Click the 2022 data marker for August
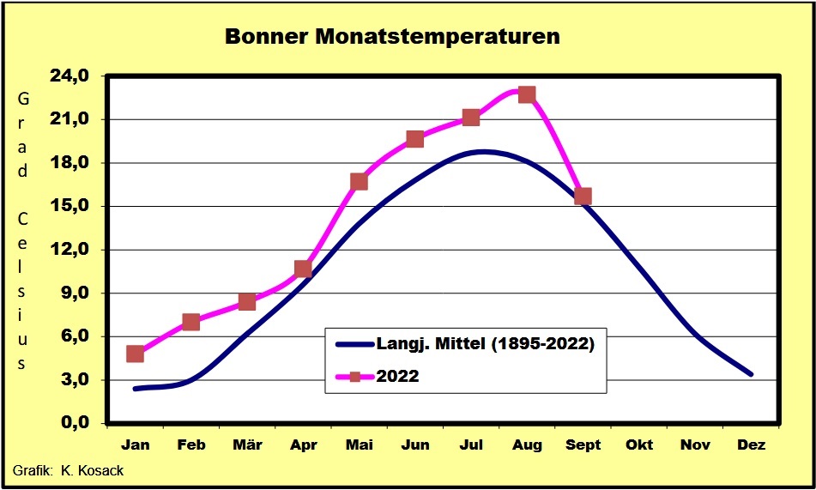[x=527, y=94]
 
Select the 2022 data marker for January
[x=135, y=354]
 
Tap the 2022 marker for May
[x=359, y=182]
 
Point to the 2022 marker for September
[x=583, y=196]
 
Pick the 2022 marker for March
[x=246, y=301]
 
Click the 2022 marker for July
[x=470, y=118]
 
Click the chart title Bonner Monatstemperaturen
[x=392, y=37]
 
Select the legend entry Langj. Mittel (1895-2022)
[x=465, y=344]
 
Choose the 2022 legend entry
[x=378, y=376]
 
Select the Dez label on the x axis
[x=752, y=445]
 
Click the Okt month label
[x=639, y=445]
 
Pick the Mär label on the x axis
[x=247, y=445]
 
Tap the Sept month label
[x=583, y=445]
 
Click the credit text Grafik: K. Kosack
[x=68, y=471]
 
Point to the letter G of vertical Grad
[x=22, y=98]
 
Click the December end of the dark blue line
[x=751, y=374]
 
